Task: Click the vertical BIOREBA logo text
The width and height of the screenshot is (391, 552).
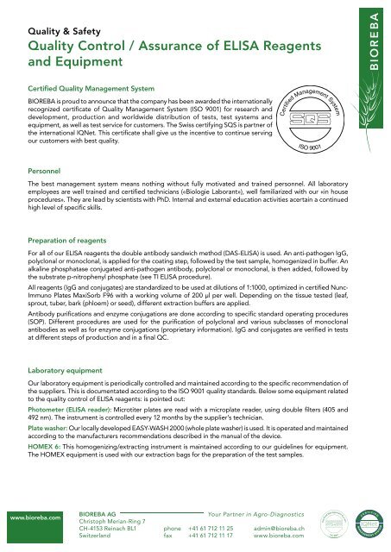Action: point(373,41)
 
